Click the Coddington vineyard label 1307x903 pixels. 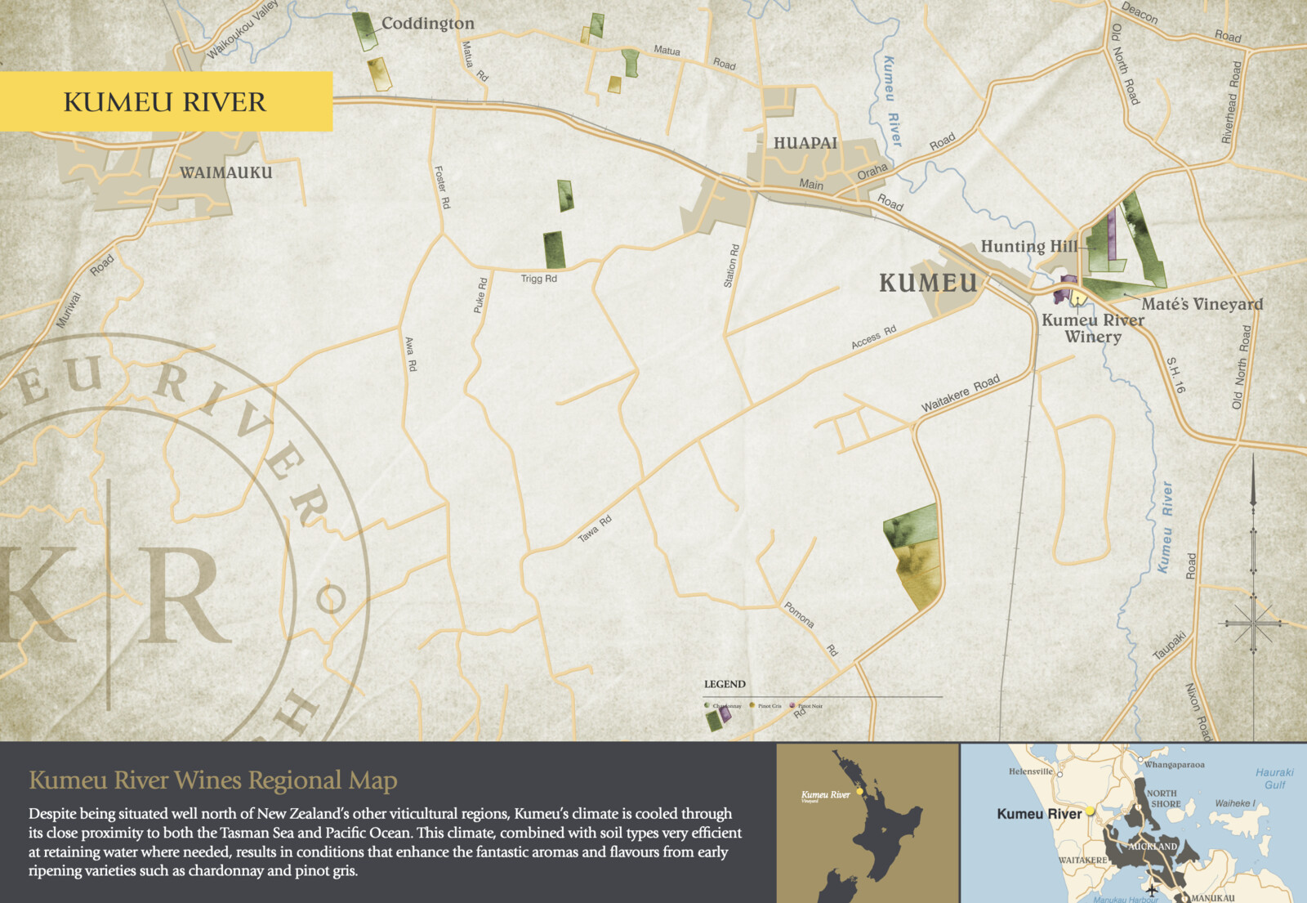pos(427,24)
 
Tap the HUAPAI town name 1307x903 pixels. pos(805,143)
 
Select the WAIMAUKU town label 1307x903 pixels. pos(225,172)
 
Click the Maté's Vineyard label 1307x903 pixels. pos(1202,304)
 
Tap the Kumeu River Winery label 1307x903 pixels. pos(1093,328)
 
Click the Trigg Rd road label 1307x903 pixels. pos(538,279)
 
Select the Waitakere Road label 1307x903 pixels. pos(960,394)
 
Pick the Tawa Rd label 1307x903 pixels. pos(595,529)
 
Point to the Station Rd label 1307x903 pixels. pos(731,266)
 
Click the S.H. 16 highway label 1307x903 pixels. pos(1175,375)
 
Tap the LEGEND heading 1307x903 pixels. pos(725,684)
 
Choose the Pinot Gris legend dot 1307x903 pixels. pos(752,705)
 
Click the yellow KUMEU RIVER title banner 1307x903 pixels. pos(166,101)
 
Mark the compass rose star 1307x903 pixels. pos(1253,624)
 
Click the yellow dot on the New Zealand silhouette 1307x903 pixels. pos(860,792)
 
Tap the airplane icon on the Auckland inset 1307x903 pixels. pos(1152,889)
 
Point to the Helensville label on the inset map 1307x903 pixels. pos(1031,771)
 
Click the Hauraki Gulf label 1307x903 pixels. pos(1274,778)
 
